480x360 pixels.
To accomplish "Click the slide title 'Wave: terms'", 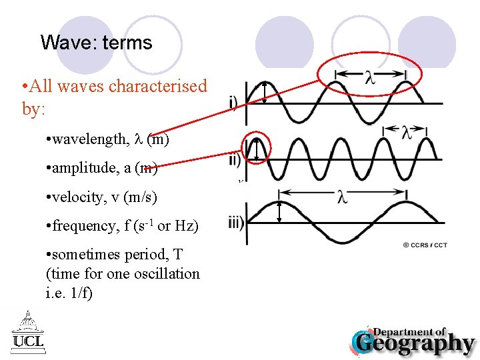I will pyautogui.click(x=96, y=43).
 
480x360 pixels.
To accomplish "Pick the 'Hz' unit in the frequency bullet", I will pyautogui.click(x=186, y=226).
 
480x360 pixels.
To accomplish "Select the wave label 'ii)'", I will pyautogui.click(x=235, y=160).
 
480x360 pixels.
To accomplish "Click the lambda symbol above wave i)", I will pyautogui.click(x=369, y=78).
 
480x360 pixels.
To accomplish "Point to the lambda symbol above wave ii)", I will pyautogui.click(x=407, y=132).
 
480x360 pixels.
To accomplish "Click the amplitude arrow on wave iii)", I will pyautogui.click(x=280, y=211).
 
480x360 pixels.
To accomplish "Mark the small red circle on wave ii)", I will pyautogui.click(x=257, y=149).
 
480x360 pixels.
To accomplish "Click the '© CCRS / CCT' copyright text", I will pyautogui.click(x=425, y=245).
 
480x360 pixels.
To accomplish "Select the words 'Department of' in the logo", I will pyautogui.click(x=409, y=331).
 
